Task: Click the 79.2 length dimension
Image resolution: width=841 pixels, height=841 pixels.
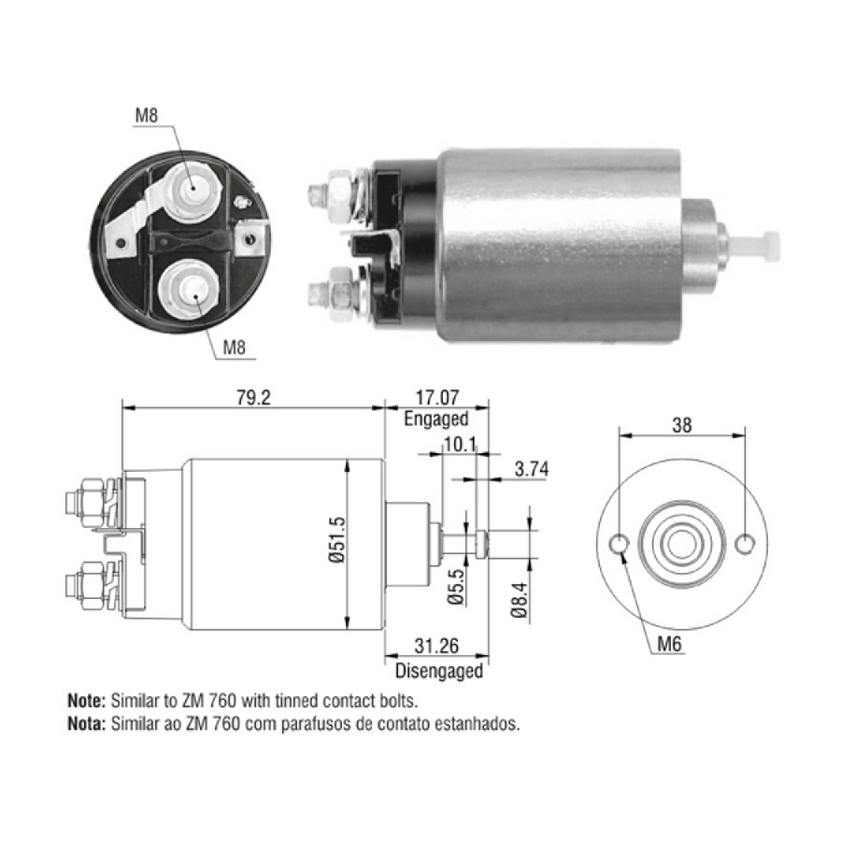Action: click(x=253, y=398)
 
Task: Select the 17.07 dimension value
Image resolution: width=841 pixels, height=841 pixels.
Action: click(x=437, y=398)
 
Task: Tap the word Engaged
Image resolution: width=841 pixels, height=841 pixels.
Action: click(x=436, y=419)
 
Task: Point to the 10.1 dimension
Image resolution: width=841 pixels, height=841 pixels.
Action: click(x=460, y=444)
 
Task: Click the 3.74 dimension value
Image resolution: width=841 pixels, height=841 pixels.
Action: click(x=532, y=469)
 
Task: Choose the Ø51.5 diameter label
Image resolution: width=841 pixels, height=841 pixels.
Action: click(x=338, y=539)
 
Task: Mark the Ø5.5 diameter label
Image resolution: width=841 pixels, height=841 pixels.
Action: click(x=456, y=587)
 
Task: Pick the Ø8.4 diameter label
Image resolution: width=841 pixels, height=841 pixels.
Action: click(x=520, y=600)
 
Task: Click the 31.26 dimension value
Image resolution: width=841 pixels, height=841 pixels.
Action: click(x=436, y=646)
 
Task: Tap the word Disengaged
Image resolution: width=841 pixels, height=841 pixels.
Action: click(x=439, y=671)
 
